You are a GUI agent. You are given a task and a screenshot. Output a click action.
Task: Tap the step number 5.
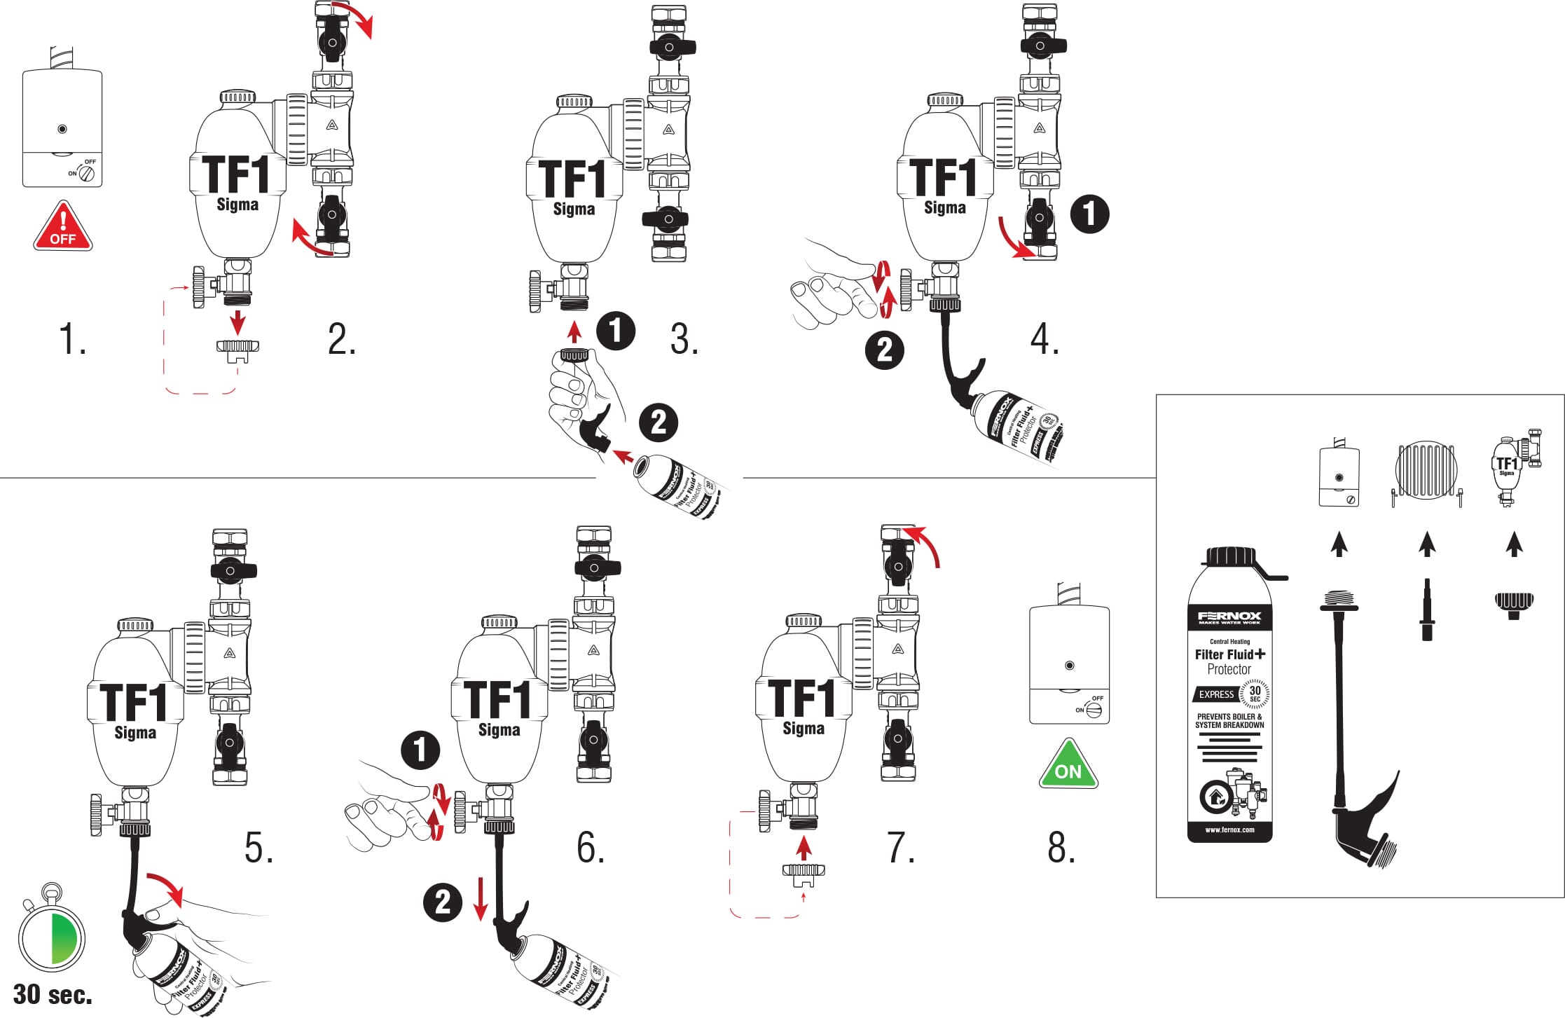258,847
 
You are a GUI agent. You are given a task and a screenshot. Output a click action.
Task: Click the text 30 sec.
53,994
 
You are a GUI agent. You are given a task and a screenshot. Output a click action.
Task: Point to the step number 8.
1061,847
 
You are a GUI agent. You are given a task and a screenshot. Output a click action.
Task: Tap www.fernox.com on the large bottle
1229,830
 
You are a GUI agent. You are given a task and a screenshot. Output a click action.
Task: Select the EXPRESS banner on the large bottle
1216,694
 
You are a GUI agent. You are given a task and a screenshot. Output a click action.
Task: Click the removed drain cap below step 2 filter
237,349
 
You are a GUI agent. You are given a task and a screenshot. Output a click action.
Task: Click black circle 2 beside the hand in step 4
885,350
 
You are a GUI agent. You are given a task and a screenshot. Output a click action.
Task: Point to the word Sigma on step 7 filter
804,728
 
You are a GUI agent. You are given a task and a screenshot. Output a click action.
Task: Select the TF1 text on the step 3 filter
572,179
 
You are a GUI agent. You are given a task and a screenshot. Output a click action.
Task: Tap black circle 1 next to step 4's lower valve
1089,214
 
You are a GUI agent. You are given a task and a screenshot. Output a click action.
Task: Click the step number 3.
684,340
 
